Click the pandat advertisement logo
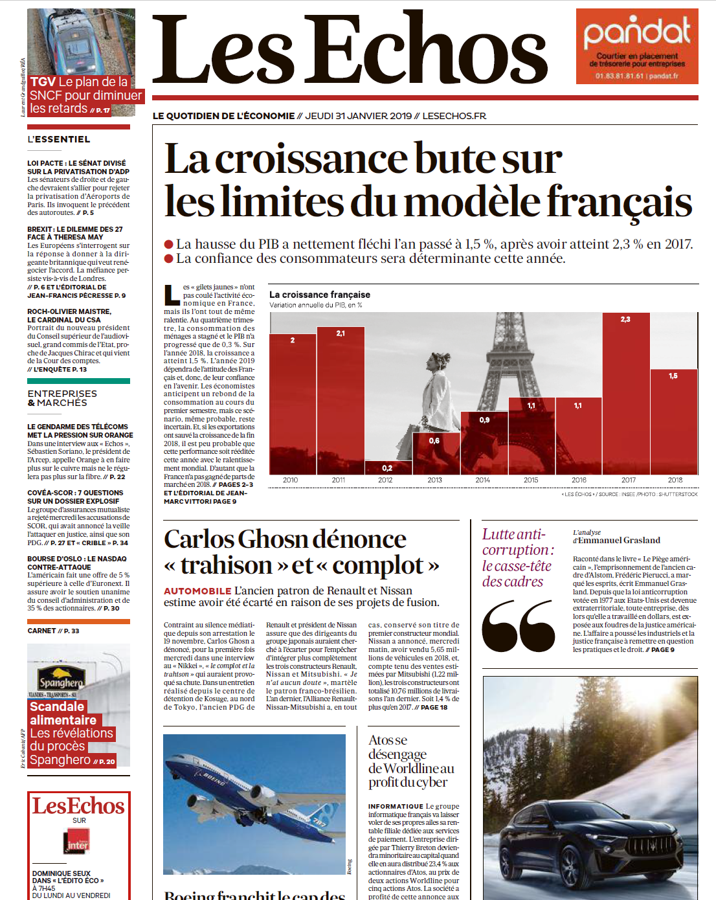click(637, 33)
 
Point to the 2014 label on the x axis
click(482, 480)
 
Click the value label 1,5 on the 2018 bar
click(673, 376)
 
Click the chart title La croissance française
click(320, 295)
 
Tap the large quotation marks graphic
click(518, 625)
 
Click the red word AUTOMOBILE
click(197, 591)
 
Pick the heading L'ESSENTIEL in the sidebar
click(59, 139)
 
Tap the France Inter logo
click(78, 841)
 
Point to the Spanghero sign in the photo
click(62, 681)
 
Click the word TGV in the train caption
click(43, 82)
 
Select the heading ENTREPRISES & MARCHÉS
click(62, 398)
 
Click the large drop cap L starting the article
click(172, 295)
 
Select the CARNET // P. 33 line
click(53, 631)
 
